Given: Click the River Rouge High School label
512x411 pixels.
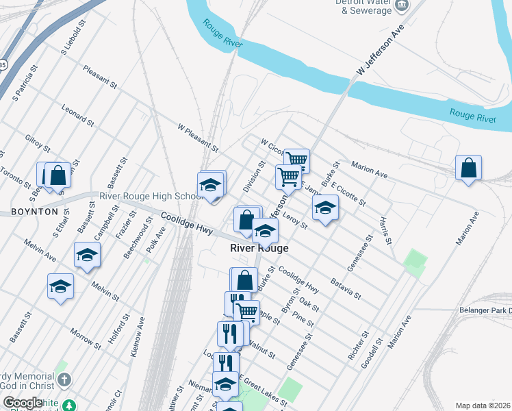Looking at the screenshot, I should point(150,196).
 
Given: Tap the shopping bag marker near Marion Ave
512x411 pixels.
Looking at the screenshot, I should point(468,168).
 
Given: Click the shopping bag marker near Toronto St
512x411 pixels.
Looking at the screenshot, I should point(57,175).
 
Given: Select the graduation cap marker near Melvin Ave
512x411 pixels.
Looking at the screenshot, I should point(88,256).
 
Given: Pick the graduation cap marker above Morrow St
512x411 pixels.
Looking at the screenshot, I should point(60,286).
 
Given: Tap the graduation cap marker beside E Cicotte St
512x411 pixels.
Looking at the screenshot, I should point(325,208).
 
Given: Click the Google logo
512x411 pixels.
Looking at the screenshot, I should point(23,403).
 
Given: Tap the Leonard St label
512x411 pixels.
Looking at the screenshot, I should point(77,115).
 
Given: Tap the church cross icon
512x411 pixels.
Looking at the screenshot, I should point(64,379).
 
